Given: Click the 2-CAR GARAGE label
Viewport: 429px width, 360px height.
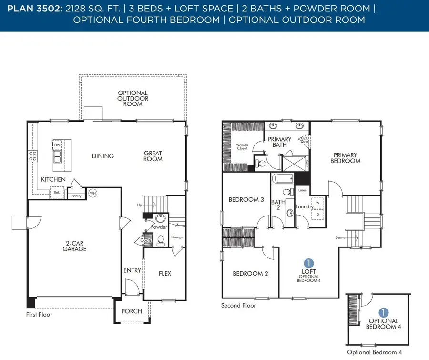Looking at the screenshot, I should click(75, 246).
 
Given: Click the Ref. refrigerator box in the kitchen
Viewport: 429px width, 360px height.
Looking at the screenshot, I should click(57, 193).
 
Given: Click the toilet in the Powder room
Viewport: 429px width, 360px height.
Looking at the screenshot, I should click(161, 239).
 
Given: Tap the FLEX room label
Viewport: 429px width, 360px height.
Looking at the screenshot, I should click(164, 274).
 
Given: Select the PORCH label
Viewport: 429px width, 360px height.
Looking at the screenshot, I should click(132, 311).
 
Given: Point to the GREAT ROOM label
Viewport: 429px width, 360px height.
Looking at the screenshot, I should click(153, 156).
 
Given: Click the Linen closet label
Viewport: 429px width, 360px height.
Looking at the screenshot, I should click(302, 190).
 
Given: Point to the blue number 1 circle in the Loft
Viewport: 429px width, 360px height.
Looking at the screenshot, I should click(309, 263).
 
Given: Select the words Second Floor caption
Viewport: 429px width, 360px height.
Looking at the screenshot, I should click(238, 306).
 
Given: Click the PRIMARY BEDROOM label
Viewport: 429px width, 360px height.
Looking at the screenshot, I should click(347, 158).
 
